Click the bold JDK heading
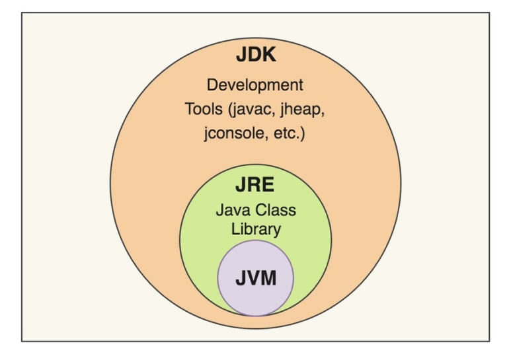click(256, 55)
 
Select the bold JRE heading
click(255, 187)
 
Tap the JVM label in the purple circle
click(255, 278)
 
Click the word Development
click(255, 85)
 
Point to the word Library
click(255, 230)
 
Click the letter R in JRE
click(255, 187)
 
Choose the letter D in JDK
click(255, 55)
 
